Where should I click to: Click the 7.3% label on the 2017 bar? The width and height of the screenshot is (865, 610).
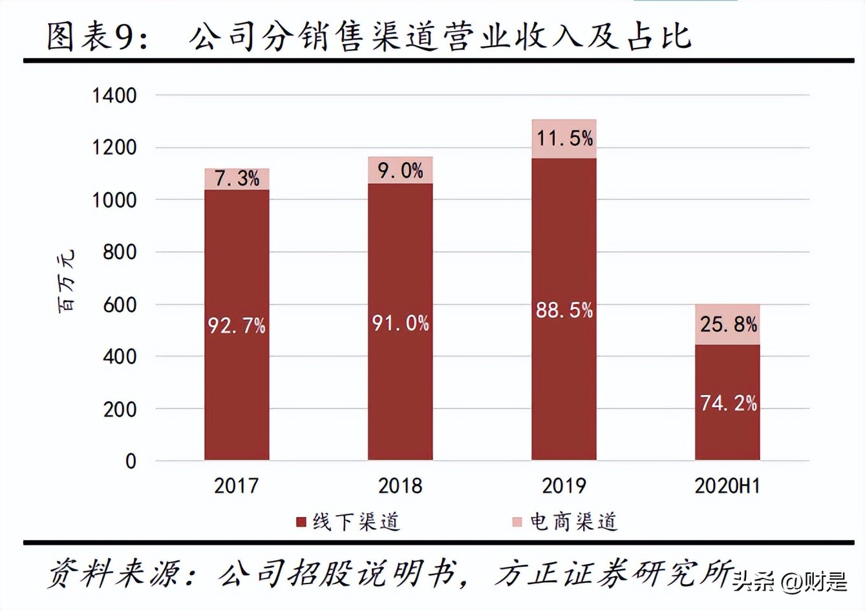point(237,178)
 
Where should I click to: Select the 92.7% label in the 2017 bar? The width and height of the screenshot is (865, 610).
point(237,325)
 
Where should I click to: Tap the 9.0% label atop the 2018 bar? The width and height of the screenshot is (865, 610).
point(400,171)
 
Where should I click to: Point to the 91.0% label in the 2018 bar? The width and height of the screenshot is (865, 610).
point(400,322)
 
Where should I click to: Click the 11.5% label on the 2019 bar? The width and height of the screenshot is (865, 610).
point(564,138)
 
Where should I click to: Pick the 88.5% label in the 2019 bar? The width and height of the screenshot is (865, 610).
point(564,310)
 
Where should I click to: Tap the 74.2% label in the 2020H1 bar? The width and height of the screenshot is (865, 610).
point(728,403)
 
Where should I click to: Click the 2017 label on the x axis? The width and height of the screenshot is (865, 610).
point(236,485)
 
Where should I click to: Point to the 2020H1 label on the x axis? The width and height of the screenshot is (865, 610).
point(727,485)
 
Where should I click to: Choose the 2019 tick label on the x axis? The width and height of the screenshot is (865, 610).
point(564,485)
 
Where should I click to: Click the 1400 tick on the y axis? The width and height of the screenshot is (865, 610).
point(114,96)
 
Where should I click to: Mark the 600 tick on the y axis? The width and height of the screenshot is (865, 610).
point(120,305)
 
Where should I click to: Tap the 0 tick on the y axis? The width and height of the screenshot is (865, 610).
point(131,461)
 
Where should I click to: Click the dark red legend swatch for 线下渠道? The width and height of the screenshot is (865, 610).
point(301,522)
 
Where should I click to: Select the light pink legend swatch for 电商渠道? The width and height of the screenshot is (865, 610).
point(517,522)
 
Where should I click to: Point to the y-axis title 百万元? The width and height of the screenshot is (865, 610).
point(67,280)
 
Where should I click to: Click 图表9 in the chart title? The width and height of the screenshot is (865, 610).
point(97,37)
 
